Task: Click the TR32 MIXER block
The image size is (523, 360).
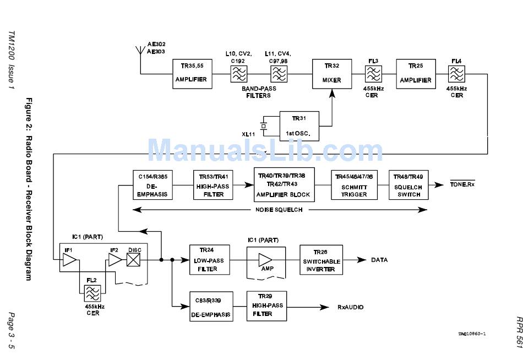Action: pyautogui.click(x=332, y=74)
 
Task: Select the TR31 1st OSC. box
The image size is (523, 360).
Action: pyautogui.click(x=299, y=126)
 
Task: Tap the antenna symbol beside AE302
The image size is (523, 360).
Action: pyautogui.click(x=140, y=51)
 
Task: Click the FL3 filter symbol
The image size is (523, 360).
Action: pyautogui.click(x=373, y=74)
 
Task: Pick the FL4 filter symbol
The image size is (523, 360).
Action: pyautogui.click(x=456, y=74)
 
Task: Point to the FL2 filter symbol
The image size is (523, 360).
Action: pyautogui.click(x=92, y=293)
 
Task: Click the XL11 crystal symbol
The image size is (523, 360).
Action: pyautogui.click(x=264, y=126)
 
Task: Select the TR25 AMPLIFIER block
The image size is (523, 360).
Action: pyautogui.click(x=416, y=74)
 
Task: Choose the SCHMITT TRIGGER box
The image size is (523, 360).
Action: pyautogui.click(x=354, y=185)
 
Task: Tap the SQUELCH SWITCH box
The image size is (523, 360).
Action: pyautogui.click(x=408, y=185)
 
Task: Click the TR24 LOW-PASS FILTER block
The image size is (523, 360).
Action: pyautogui.click(x=209, y=260)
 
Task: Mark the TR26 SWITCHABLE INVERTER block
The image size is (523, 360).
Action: pyautogui.click(x=321, y=260)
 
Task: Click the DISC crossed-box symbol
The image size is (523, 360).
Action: pyautogui.click(x=133, y=260)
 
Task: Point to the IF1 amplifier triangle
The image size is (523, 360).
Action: pyautogui.click(x=70, y=260)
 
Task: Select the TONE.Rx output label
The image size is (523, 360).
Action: pyautogui.click(x=462, y=184)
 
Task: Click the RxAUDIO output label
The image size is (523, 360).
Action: pyautogui.click(x=351, y=307)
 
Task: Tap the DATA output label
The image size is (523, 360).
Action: pyautogui.click(x=379, y=260)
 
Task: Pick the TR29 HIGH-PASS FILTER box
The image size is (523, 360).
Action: pyautogui.click(x=267, y=306)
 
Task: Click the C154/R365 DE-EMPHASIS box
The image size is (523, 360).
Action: pyautogui.click(x=152, y=185)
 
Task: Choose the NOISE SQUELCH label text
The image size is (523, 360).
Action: pyautogui.click(x=279, y=210)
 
